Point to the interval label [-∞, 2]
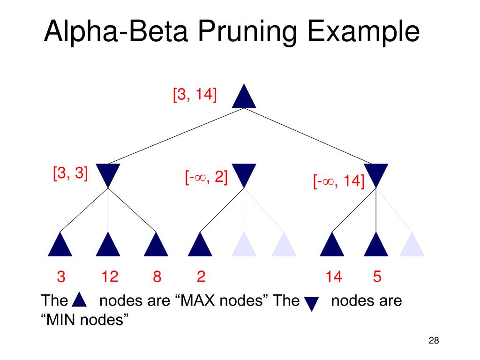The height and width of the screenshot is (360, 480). [206, 177]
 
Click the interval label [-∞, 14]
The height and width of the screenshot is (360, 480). [339, 181]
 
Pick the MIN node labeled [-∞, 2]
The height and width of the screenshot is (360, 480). [244, 173]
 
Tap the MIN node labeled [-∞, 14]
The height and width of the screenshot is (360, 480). [376, 173]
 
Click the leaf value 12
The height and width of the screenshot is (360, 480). [110, 277]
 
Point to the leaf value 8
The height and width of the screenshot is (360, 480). [157, 277]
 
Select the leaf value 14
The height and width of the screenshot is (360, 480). [334, 277]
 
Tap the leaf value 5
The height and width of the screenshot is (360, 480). [377, 277]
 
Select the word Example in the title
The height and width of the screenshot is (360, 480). [363, 32]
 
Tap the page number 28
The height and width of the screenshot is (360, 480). [434, 340]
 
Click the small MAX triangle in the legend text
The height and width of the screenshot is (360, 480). [79, 300]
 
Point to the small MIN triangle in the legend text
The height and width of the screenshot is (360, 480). [312, 303]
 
